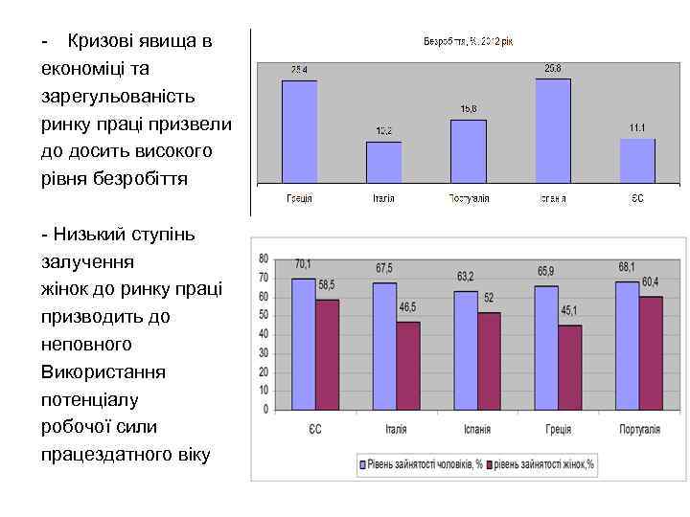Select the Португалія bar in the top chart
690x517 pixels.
point(469,150)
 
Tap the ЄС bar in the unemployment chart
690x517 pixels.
point(637,160)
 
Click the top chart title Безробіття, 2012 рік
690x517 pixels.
point(469,41)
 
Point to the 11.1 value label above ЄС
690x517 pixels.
point(637,128)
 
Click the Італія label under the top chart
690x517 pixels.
point(383,198)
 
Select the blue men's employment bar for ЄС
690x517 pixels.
point(303,345)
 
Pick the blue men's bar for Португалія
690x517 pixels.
point(627,347)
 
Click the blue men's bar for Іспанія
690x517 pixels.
point(466,351)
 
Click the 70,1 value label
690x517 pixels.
point(303,264)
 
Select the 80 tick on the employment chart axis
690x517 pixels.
point(263,258)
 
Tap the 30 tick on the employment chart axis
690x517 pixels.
point(263,353)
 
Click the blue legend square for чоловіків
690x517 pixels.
point(364,465)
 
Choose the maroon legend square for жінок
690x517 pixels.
point(490,465)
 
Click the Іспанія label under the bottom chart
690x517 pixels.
point(477,430)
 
